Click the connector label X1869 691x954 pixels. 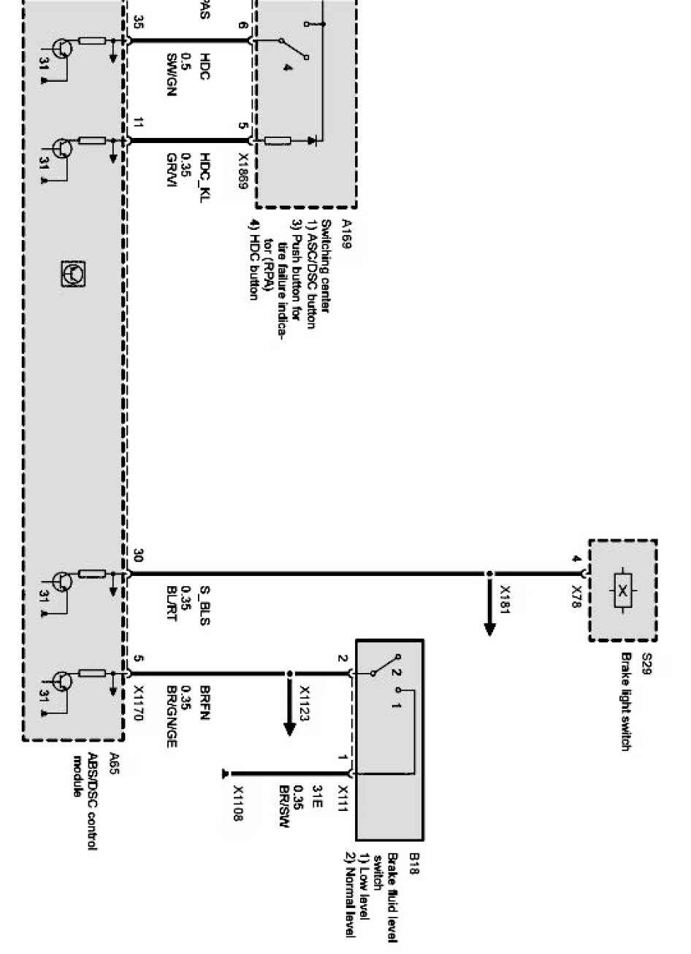click(x=244, y=170)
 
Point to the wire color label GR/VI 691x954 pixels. click(x=171, y=166)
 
